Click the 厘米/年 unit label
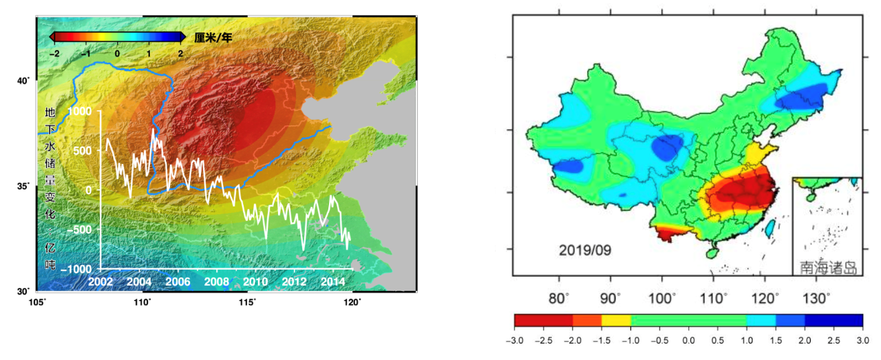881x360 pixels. pos(214,37)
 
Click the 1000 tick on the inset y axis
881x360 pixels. pos(79,111)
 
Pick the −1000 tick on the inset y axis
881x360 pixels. pos(76,268)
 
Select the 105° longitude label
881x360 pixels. pos(37,302)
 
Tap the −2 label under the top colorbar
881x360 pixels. pos(54,53)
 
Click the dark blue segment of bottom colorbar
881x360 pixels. pos(834,320)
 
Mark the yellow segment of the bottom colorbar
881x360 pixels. pos(616,320)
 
